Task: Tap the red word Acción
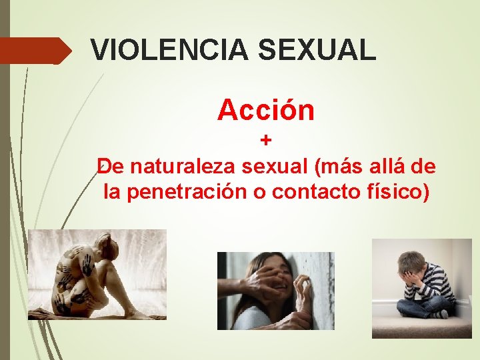pyautogui.click(x=265, y=111)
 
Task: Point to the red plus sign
pyautogui.click(x=266, y=141)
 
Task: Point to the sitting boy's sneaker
pyautogui.click(x=440, y=313)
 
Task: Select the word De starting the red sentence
pyautogui.click(x=109, y=165)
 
